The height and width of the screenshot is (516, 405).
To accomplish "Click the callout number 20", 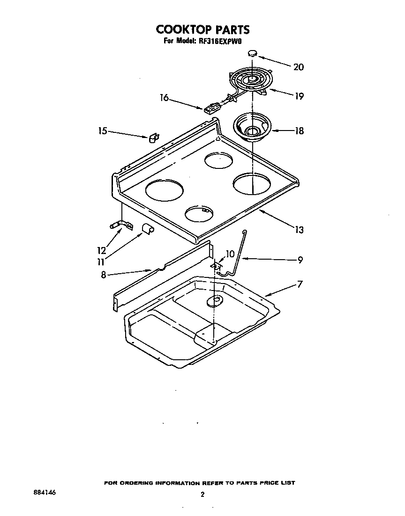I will (x=298, y=67).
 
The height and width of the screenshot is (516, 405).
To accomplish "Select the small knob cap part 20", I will (x=253, y=53).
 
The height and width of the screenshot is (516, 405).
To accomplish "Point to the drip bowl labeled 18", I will (x=253, y=126).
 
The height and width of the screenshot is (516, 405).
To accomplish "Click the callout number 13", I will (x=299, y=230).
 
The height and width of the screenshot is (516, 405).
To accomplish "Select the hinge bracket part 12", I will (x=121, y=225).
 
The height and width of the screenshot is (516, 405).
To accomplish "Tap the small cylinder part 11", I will (x=149, y=228).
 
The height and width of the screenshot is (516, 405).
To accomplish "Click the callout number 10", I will (x=230, y=254).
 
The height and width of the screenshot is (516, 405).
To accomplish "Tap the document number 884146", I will (x=45, y=493).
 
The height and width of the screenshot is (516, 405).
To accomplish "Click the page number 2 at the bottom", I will (x=202, y=494).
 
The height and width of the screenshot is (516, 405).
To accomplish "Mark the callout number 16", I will (x=164, y=98).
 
